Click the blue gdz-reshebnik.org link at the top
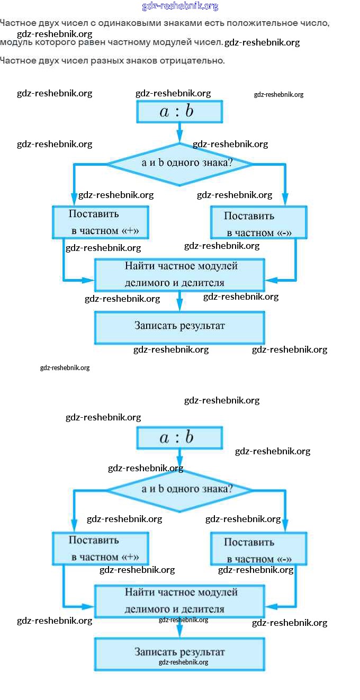180,6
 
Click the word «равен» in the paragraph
110,42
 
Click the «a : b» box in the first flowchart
179,112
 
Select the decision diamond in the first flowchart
179,164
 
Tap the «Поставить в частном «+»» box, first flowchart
100,222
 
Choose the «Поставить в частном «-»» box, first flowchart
258,223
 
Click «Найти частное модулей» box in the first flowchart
179,274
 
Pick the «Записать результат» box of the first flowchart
179,327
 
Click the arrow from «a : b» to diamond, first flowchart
179,132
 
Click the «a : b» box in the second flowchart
179,438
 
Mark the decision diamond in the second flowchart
179,490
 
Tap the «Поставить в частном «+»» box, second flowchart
100,549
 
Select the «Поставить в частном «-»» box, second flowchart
258,549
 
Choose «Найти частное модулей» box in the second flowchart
179,600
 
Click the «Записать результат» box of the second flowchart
179,653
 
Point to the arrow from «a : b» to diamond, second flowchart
179,459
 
